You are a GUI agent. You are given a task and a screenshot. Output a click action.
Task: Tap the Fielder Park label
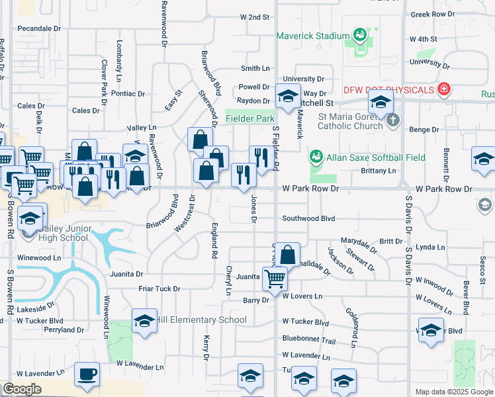[x=249, y=118]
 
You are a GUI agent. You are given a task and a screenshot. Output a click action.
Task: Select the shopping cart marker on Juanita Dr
[x=275, y=279]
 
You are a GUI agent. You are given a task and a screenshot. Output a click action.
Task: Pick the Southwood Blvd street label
[x=309, y=218]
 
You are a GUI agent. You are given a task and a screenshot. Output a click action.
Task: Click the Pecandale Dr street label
[x=39, y=29]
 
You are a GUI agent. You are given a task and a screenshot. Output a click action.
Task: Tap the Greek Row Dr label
[x=433, y=14]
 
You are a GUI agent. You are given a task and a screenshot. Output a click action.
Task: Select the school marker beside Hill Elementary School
[x=144, y=321]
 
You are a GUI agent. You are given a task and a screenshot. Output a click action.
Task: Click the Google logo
[x=21, y=390]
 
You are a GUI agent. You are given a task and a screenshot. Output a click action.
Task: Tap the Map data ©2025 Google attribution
[x=454, y=392]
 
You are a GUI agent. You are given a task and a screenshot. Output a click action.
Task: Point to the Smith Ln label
[x=255, y=68]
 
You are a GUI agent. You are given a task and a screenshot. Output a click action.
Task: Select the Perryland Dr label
[x=64, y=330]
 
